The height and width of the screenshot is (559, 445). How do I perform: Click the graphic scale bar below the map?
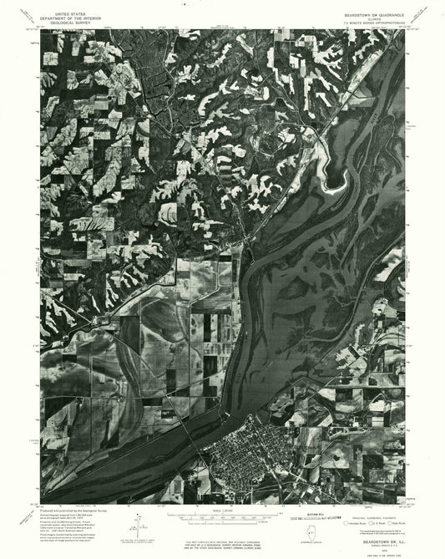point(220,518)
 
